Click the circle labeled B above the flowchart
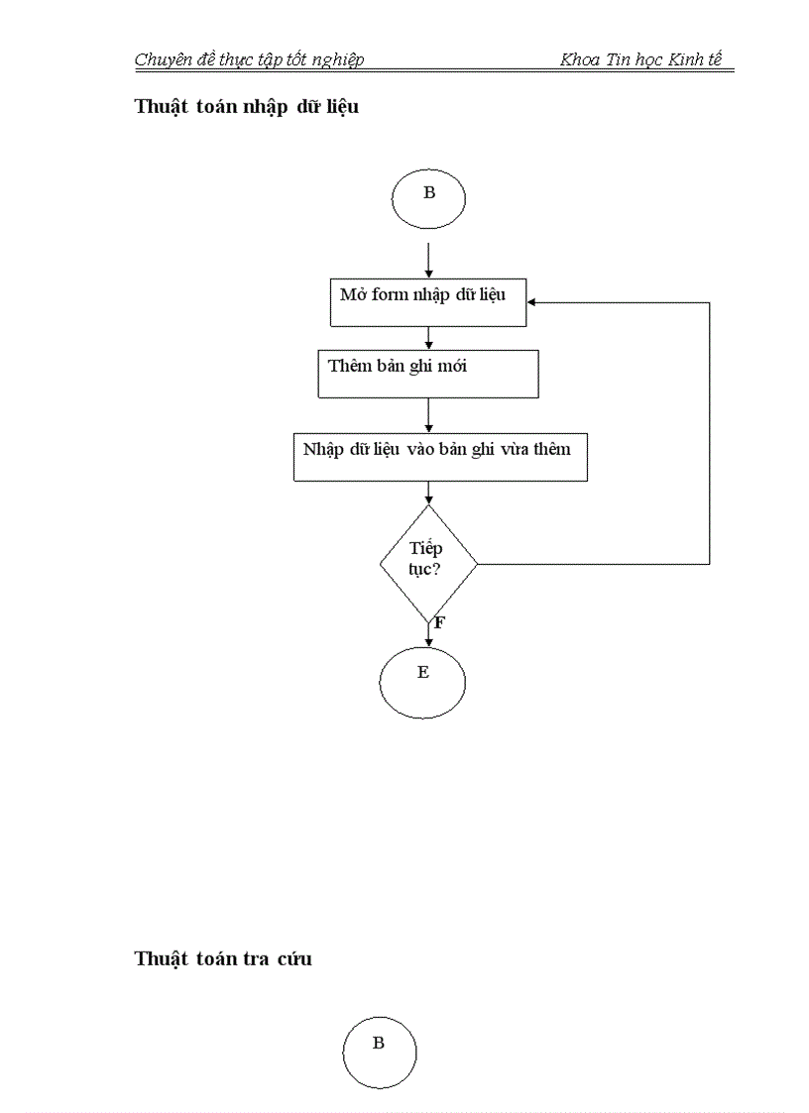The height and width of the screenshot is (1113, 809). coord(428,198)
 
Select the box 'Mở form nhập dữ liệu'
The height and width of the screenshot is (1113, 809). coord(428,301)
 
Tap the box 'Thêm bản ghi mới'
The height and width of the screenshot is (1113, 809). coord(428,373)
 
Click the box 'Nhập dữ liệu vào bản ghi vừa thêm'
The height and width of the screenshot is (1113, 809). coord(440,457)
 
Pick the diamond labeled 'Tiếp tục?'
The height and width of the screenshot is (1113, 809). coord(428,563)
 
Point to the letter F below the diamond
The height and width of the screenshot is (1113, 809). coord(439,623)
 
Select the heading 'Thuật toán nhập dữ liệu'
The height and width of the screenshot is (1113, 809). coord(246,107)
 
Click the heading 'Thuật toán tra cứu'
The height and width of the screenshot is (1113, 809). coord(223,958)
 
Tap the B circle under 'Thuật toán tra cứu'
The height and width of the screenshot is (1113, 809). coord(379,1052)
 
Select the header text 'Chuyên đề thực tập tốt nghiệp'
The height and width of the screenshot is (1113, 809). coord(249,59)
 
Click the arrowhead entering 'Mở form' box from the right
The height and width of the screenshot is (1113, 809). coord(532,301)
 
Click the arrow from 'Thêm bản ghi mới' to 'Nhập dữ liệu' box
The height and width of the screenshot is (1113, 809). coord(428,414)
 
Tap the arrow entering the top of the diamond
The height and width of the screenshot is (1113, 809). coord(428,494)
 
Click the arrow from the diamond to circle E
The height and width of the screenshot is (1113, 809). coord(428,631)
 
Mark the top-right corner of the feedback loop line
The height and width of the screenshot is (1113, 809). coord(710,301)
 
